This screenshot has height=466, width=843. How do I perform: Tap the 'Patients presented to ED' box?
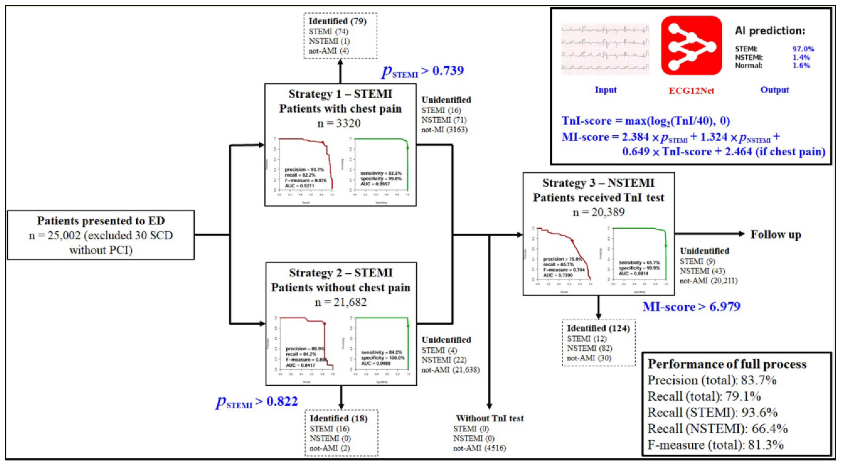point(101,235)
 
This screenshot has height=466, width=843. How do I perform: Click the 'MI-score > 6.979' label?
point(691,307)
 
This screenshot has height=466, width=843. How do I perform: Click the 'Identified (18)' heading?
point(338,418)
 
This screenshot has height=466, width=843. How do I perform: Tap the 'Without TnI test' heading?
point(489,418)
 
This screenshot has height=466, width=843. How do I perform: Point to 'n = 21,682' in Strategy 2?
point(341,302)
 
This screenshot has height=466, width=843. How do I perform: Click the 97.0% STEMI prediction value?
point(803,49)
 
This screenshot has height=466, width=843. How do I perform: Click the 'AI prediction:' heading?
point(770,31)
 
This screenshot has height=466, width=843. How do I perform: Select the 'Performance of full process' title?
point(727,364)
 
